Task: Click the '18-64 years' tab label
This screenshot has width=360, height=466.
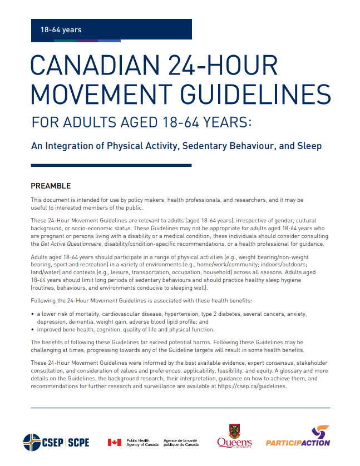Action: (x=61, y=29)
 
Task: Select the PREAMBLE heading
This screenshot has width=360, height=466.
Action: (x=51, y=186)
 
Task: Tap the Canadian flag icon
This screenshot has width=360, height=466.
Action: (x=114, y=443)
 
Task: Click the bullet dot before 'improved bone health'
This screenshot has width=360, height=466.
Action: (x=32, y=329)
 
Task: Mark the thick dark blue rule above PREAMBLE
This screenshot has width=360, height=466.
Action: (x=111, y=165)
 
